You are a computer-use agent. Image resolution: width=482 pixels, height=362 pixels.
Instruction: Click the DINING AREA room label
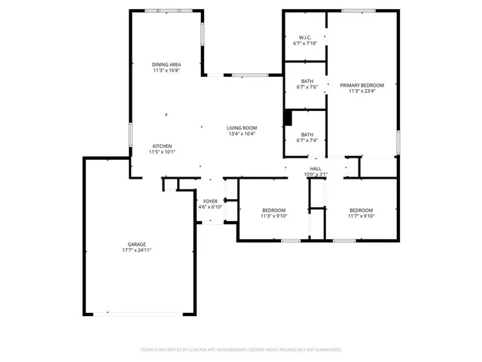(x=166, y=65)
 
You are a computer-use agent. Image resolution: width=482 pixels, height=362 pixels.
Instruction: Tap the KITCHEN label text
(x=163, y=146)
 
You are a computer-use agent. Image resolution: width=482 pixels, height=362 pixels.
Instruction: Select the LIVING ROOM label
(x=242, y=127)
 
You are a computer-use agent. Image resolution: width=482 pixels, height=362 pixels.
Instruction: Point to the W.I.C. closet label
(x=305, y=38)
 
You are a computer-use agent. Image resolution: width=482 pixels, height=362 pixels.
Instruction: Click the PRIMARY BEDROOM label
(x=361, y=85)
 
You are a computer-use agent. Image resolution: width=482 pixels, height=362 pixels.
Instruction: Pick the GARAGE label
(x=136, y=244)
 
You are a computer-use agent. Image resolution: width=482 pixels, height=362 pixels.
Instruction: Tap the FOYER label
(x=210, y=201)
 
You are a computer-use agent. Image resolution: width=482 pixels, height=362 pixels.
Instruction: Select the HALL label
(x=316, y=168)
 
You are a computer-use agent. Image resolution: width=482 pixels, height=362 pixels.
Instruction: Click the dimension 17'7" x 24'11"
(x=137, y=250)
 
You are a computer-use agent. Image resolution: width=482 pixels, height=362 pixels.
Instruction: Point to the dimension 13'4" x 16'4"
(x=242, y=134)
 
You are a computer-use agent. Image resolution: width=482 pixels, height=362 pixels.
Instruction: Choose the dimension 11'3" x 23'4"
(x=361, y=91)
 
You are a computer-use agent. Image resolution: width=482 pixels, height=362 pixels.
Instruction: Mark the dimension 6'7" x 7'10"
(x=305, y=44)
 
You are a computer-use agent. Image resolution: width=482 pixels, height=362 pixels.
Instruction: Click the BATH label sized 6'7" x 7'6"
(x=307, y=81)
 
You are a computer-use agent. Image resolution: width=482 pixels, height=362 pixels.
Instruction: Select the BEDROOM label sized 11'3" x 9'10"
(x=273, y=210)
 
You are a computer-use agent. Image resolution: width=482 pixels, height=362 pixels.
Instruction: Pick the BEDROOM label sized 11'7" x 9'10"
(x=361, y=210)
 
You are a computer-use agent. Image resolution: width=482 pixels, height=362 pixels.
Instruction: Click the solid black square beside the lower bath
(x=287, y=118)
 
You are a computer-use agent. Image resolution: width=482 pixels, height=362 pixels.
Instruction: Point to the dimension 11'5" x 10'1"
(x=163, y=152)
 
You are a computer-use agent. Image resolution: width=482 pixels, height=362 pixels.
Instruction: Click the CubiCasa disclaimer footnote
(x=241, y=350)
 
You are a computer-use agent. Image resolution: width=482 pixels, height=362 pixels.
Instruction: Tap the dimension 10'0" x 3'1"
(x=316, y=174)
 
